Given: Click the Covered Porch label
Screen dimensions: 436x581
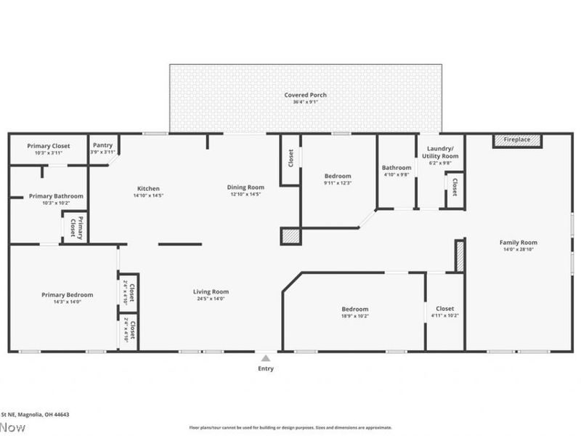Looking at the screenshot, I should pyautogui.click(x=305, y=95).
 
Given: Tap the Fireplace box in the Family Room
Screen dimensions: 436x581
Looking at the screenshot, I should pyautogui.click(x=517, y=140).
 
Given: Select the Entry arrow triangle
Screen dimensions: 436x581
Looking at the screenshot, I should pyautogui.click(x=266, y=358).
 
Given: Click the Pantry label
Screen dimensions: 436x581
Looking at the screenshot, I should pyautogui.click(x=103, y=145).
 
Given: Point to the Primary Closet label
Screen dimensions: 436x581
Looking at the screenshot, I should pyautogui.click(x=49, y=145).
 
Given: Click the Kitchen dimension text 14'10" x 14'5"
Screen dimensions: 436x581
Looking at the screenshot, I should pyautogui.click(x=147, y=195).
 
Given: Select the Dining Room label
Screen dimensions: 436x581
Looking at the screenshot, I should pyautogui.click(x=245, y=187).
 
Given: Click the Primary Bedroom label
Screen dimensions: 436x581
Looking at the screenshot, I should pyautogui.click(x=67, y=294).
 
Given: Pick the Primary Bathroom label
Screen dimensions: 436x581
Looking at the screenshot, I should pyautogui.click(x=56, y=196).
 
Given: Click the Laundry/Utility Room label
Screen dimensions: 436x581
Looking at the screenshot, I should pyautogui.click(x=440, y=152).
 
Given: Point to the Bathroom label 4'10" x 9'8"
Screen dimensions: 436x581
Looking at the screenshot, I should pyautogui.click(x=397, y=168).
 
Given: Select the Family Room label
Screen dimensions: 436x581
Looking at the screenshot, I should pyautogui.click(x=518, y=243).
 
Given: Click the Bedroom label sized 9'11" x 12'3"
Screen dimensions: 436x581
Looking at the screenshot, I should pyautogui.click(x=338, y=176).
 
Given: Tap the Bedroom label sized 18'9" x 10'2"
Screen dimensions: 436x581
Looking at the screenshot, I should pyautogui.click(x=355, y=309).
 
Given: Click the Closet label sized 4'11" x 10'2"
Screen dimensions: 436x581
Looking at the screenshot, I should pyautogui.click(x=444, y=309).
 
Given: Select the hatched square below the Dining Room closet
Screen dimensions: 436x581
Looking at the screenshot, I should pyautogui.click(x=290, y=236).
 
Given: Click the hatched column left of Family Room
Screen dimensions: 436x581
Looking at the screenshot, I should pyautogui.click(x=459, y=256).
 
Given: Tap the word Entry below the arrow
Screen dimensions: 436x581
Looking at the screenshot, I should pyautogui.click(x=266, y=368).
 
